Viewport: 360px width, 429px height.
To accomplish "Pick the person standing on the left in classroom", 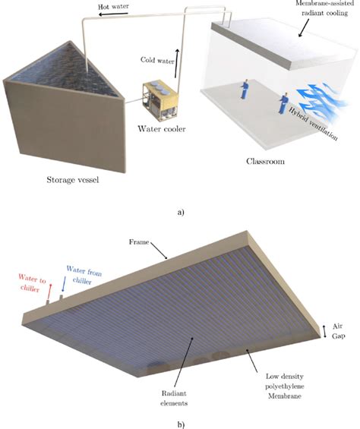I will [245, 90].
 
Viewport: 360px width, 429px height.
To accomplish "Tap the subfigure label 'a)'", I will [180, 213].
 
